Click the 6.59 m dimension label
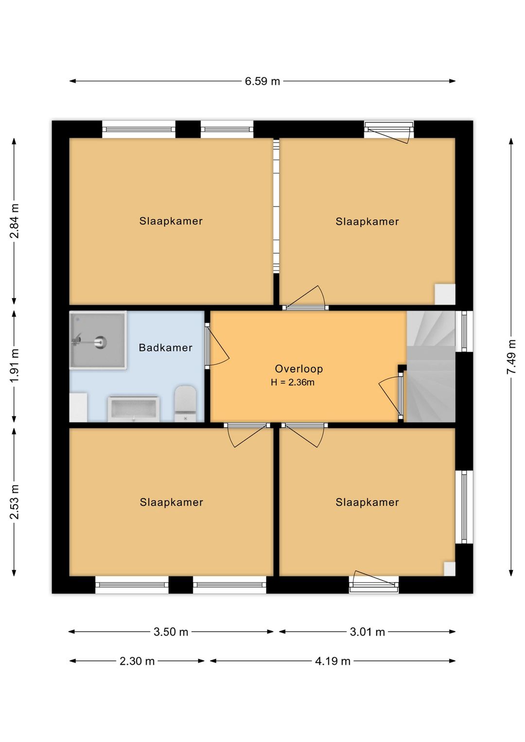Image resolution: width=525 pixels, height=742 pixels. click(x=262, y=81)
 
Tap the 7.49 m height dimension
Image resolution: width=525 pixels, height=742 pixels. click(x=511, y=357)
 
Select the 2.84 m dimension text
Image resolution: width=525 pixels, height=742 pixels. click(x=14, y=221)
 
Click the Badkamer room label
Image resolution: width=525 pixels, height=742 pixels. click(x=165, y=347)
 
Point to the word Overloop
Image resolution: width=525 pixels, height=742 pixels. click(x=298, y=369)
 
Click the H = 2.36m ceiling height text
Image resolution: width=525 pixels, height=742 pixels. click(x=292, y=382)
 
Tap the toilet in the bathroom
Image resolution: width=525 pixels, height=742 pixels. click(x=186, y=403)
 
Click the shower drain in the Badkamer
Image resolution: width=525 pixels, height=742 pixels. click(x=100, y=342)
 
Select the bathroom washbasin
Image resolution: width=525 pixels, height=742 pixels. click(x=134, y=409)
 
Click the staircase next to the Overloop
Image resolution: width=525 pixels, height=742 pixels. click(x=431, y=366)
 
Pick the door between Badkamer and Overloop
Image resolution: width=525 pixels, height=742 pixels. click(x=217, y=345)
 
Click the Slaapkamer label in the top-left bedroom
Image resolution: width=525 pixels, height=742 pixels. click(x=171, y=221)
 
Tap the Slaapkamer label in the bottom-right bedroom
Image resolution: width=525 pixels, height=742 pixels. click(x=367, y=502)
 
